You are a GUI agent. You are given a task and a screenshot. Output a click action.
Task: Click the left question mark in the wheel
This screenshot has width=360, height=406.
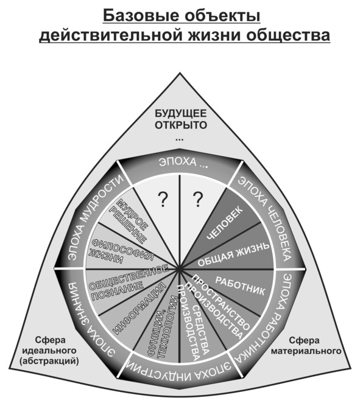tap(163, 199)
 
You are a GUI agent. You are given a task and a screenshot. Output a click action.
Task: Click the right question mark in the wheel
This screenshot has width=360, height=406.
tap(197, 199)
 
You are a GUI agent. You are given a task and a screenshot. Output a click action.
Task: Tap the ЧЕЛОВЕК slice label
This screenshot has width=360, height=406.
tap(225, 223)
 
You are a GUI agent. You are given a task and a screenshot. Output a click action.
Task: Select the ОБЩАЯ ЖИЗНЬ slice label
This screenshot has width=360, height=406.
tap(234, 255)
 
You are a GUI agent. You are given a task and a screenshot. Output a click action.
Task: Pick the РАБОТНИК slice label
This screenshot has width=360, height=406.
tap(240, 286)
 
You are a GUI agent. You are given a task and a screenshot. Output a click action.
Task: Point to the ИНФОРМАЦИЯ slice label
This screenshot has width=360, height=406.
tap(139, 308)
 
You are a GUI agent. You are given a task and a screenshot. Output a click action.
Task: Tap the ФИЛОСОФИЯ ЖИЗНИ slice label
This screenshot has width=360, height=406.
tap(121, 251)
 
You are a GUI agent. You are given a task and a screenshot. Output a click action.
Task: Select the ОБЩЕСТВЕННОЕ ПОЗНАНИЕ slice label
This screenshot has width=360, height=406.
tap(129, 282)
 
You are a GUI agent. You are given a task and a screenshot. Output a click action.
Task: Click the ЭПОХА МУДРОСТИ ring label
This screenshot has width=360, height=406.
tap(94, 217)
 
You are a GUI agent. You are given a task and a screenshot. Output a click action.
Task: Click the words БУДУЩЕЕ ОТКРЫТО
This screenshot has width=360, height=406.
tap(181, 119)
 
